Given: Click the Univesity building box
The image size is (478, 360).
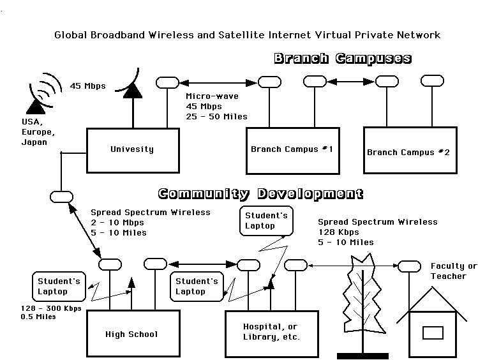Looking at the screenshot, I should (x=132, y=150).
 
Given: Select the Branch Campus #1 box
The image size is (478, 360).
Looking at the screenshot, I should (x=292, y=150).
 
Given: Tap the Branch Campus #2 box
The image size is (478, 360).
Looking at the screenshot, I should (x=408, y=150).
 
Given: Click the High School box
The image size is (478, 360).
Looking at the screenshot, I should (x=131, y=333).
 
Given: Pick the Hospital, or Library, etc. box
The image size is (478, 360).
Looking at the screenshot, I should (x=271, y=332).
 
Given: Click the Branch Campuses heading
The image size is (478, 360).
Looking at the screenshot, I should (x=342, y=59).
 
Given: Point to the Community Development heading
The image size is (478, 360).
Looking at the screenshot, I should (x=260, y=193).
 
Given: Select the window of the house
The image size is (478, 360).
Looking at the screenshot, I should (x=433, y=333).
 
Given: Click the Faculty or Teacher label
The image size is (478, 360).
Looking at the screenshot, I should (x=453, y=271).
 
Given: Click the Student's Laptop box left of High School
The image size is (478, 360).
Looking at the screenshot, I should (x=59, y=287).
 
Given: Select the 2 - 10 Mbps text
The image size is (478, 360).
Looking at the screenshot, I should (x=117, y=222).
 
